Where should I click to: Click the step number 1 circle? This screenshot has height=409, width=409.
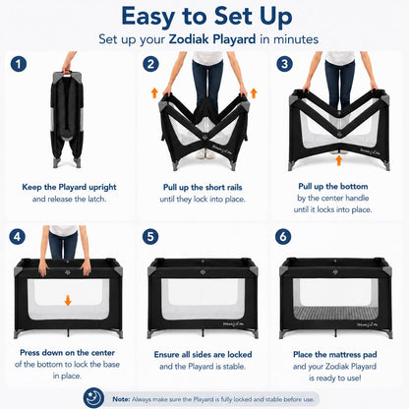click(19, 64)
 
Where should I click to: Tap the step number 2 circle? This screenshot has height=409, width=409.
click(150, 64)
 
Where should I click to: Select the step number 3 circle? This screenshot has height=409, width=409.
click(284, 64)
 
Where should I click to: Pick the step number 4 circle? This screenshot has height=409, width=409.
click(18, 237)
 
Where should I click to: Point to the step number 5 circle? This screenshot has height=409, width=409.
click(150, 237)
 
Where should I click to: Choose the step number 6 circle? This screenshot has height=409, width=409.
click(283, 237)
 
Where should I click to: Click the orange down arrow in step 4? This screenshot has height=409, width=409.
click(68, 301)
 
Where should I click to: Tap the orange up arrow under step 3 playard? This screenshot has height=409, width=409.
click(339, 160)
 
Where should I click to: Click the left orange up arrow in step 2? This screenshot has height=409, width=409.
click(154, 92)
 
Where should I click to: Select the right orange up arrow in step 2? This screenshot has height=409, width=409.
click(254, 92)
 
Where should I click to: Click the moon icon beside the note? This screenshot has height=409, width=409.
click(93, 398)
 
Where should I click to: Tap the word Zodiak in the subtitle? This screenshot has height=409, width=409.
click(190, 39)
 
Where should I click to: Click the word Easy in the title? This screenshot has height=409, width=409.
click(147, 17)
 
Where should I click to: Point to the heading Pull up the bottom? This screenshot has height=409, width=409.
click(333, 186)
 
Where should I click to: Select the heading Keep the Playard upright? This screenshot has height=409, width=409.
click(69, 187)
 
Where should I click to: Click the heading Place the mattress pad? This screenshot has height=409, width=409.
click(335, 354)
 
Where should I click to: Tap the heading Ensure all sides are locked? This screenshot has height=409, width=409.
click(203, 354)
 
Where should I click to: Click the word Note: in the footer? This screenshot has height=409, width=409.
click(121, 399)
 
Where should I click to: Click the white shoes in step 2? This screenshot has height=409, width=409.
click(205, 153)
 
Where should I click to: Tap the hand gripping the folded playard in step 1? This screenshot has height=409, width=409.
click(67, 70)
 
